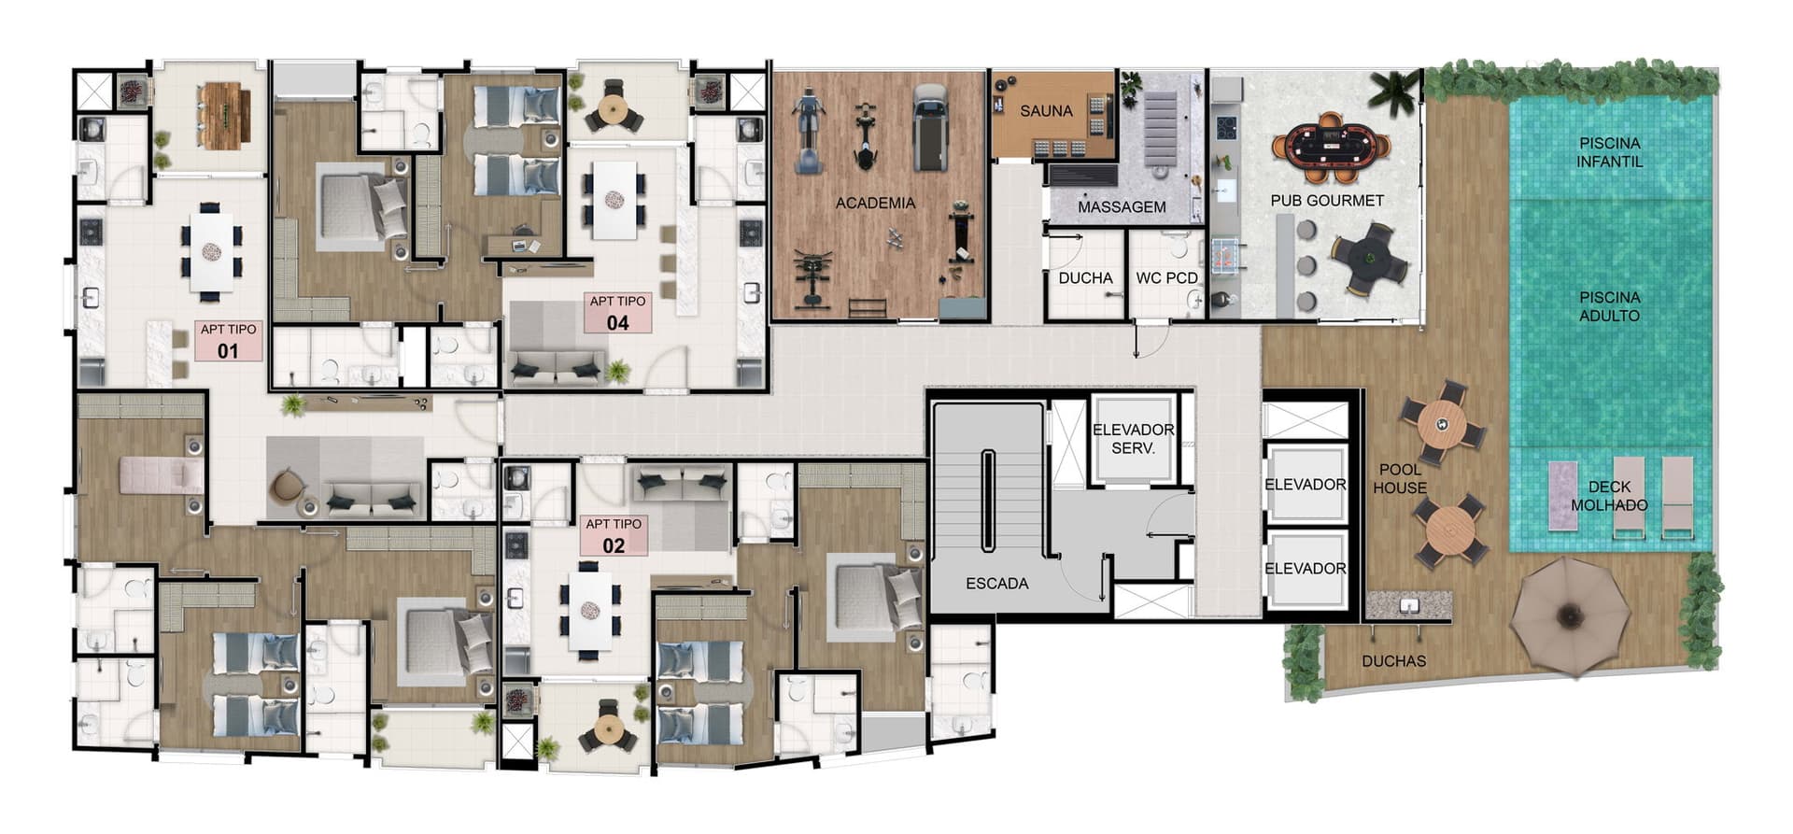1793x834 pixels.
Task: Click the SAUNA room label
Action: tap(1046, 111)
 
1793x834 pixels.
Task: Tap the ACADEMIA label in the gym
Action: tap(875, 203)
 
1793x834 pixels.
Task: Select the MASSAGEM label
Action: tap(1122, 207)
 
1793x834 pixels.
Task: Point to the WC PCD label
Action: tap(1166, 278)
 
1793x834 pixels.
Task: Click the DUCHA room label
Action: tap(1085, 278)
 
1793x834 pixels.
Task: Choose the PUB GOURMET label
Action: tap(1327, 201)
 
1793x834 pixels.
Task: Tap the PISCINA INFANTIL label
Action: tap(1610, 152)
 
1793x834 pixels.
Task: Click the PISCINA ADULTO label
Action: tap(1610, 306)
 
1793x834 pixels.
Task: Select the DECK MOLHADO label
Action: tap(1609, 496)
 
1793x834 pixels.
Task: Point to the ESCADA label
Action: tap(997, 584)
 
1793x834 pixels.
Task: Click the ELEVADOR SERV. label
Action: tap(1134, 439)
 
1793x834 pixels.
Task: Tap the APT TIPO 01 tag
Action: tap(228, 341)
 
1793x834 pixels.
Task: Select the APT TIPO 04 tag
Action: tap(617, 313)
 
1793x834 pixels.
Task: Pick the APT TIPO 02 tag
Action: tap(614, 535)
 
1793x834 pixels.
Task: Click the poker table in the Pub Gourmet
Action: tap(1331, 147)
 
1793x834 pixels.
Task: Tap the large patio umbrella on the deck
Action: tap(1571, 616)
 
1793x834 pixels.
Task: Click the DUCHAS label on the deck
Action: tap(1393, 661)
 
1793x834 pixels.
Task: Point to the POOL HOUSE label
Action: tap(1400, 479)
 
